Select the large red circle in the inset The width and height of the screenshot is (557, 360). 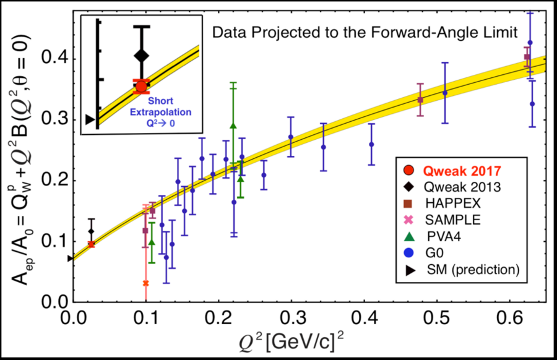click(141, 87)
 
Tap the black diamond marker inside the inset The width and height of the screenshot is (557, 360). click(141, 56)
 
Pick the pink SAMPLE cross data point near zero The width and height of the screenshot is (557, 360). click(145, 283)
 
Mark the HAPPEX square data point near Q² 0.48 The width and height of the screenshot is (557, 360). click(420, 100)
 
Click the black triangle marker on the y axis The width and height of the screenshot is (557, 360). click(71, 259)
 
